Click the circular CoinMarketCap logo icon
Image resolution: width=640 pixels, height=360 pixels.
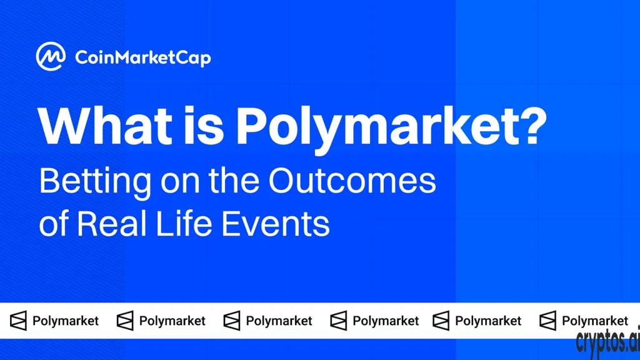(51, 56)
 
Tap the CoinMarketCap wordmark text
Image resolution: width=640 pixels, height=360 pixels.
(143, 58)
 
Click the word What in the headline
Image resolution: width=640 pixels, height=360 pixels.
(105, 126)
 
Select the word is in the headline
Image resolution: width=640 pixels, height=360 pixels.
(204, 126)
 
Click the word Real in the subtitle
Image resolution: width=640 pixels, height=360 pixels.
(112, 223)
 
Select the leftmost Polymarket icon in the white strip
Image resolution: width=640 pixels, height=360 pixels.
(18, 321)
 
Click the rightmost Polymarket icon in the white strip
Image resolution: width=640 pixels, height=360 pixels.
(547, 321)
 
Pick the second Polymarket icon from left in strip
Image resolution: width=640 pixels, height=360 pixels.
(125, 321)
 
